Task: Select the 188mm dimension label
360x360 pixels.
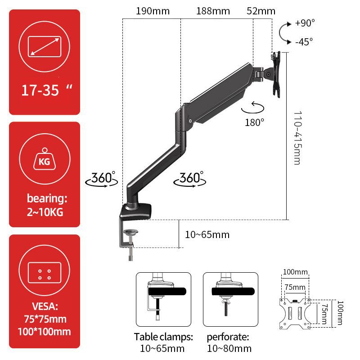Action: (213, 11)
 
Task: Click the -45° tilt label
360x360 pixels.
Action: (304, 41)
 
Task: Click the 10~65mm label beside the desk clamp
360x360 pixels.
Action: (207, 234)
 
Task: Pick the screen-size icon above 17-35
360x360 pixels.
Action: (45, 47)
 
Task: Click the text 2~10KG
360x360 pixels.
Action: (45, 212)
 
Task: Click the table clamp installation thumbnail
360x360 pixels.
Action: (163, 299)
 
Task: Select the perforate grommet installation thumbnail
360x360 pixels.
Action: (230, 299)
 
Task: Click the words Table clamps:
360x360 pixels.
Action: (163, 337)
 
